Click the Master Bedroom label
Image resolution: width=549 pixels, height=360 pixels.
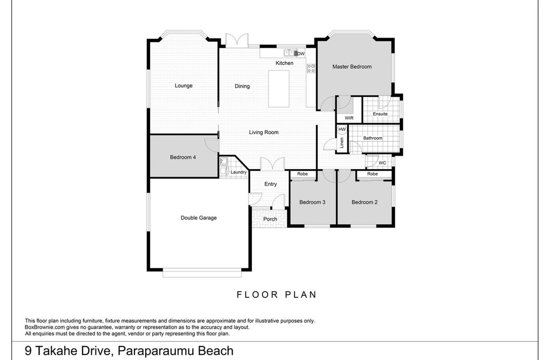click(x=352, y=67)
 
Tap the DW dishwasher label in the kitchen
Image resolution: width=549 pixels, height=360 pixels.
click(x=301, y=54)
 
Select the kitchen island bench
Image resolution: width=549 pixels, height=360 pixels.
click(x=279, y=89)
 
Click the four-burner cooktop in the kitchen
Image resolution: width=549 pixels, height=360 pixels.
click(x=311, y=68)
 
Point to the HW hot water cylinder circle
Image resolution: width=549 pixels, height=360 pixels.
click(x=342, y=129)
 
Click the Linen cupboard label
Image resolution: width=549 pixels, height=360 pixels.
click(x=342, y=143)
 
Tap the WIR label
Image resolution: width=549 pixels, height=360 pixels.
click(x=349, y=118)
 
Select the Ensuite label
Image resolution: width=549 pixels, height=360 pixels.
click(x=380, y=114)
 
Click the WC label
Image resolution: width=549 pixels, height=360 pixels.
click(x=382, y=163)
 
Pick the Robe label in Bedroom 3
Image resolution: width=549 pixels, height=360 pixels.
click(x=303, y=174)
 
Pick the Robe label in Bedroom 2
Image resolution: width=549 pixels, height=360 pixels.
click(x=372, y=174)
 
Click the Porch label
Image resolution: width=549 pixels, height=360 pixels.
click(x=270, y=219)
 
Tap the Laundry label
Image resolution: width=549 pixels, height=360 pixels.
click(x=239, y=172)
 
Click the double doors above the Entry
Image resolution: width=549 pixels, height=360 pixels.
click(x=272, y=164)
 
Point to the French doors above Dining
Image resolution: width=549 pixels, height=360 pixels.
click(x=237, y=40)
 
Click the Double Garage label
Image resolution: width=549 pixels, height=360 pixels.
click(x=199, y=218)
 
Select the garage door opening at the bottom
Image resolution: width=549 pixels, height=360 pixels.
click(x=202, y=273)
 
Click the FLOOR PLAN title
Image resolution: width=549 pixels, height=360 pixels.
click(x=277, y=295)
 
